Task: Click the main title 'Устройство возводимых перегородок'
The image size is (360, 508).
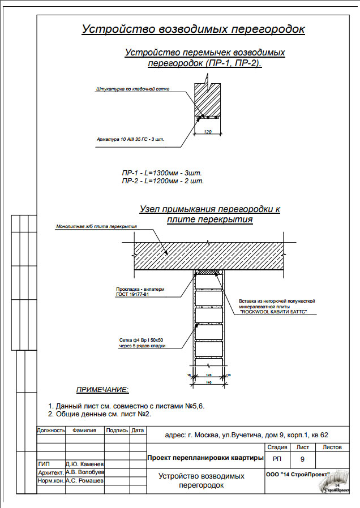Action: point(194,29)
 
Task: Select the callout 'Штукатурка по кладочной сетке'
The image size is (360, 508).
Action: point(133,89)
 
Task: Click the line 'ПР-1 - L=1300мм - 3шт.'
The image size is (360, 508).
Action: point(162,173)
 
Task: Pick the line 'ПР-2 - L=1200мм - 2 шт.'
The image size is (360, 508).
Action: point(162,181)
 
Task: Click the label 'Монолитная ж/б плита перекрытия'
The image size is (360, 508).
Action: point(97,226)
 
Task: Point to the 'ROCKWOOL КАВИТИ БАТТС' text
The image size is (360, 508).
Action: point(273,312)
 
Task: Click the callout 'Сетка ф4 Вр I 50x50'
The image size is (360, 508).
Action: point(141,339)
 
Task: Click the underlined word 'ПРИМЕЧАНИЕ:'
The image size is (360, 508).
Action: point(102,390)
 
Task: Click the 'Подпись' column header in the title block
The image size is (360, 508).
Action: point(117,430)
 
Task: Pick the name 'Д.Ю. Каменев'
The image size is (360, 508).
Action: point(84,463)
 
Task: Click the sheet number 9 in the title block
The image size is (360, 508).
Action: point(302,458)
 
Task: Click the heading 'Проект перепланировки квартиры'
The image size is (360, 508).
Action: point(205,457)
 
